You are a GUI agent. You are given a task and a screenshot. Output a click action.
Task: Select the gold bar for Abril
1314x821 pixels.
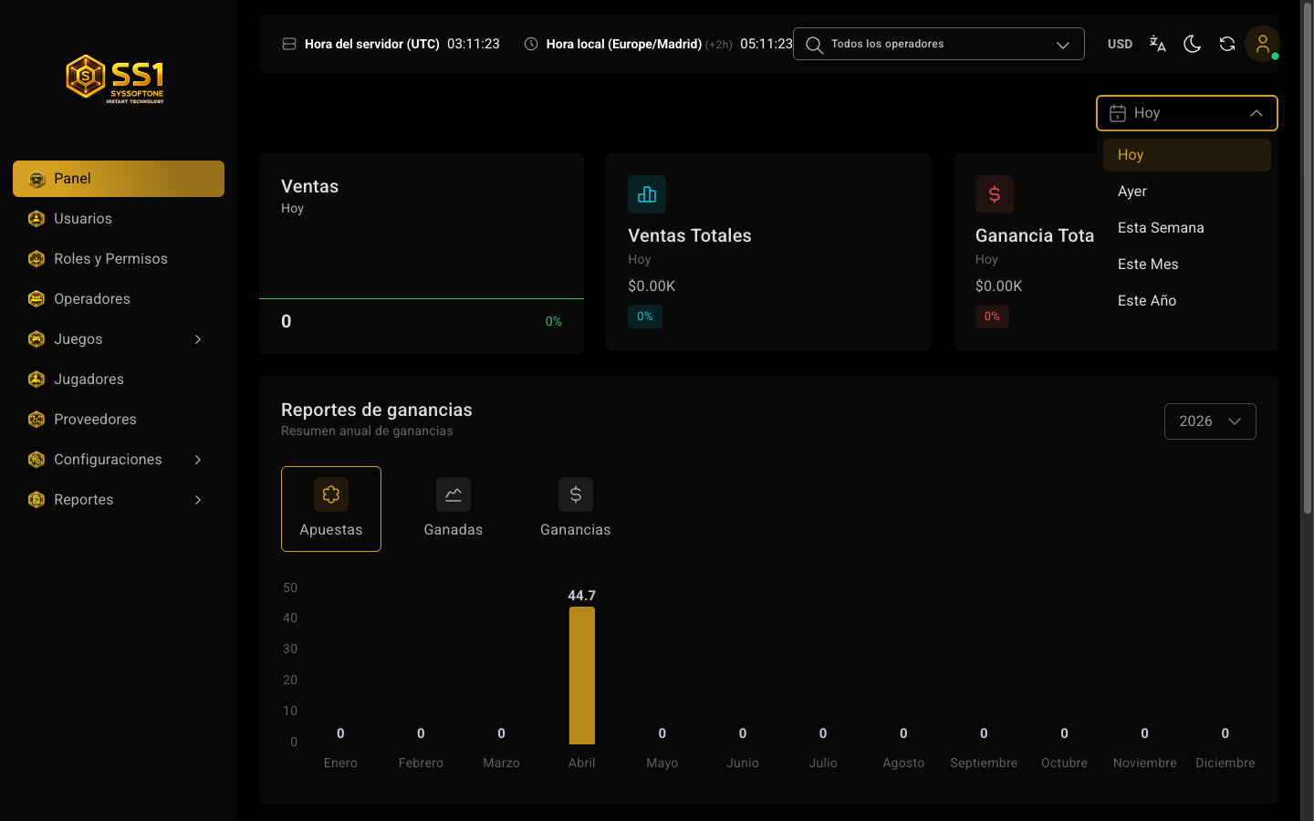(x=581, y=675)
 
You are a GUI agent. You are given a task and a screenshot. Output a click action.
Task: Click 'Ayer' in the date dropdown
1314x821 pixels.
(x=1131, y=192)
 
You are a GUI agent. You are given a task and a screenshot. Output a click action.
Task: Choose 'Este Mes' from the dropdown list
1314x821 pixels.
(x=1147, y=264)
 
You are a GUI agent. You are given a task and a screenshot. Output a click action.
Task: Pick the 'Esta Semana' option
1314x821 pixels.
(x=1161, y=227)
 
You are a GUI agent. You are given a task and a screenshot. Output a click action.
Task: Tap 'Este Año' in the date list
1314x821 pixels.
(x=1146, y=300)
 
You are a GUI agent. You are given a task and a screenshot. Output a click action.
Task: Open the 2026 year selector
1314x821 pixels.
(x=1210, y=421)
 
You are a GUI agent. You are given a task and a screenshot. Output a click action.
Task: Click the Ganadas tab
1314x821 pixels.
(x=453, y=508)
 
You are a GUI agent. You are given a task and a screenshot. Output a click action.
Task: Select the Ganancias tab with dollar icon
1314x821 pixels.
(x=575, y=508)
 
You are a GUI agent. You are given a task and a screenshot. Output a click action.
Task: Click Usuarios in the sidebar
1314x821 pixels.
(x=83, y=218)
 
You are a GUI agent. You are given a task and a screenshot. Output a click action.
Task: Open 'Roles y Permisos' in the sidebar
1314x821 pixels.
(x=110, y=259)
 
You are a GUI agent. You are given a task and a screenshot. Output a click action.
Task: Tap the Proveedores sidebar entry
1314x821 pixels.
(x=95, y=420)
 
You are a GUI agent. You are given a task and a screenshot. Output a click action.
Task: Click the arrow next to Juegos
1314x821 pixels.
(x=198, y=339)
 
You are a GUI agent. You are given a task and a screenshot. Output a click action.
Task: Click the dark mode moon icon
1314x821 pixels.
(x=1192, y=44)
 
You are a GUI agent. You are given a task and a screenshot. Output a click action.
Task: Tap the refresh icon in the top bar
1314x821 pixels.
(x=1226, y=44)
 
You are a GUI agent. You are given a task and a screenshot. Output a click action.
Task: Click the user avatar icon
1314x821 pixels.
(x=1262, y=44)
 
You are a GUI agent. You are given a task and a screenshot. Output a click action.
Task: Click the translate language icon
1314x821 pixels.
(x=1157, y=44)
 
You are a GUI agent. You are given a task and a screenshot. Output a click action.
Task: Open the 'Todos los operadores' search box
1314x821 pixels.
(x=938, y=44)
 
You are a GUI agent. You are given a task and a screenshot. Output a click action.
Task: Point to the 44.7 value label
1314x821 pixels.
(x=581, y=595)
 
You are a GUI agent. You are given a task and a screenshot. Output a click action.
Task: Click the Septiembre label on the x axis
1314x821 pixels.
(x=983, y=763)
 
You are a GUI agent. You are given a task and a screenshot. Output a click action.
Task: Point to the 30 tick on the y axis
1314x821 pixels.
(x=290, y=649)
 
